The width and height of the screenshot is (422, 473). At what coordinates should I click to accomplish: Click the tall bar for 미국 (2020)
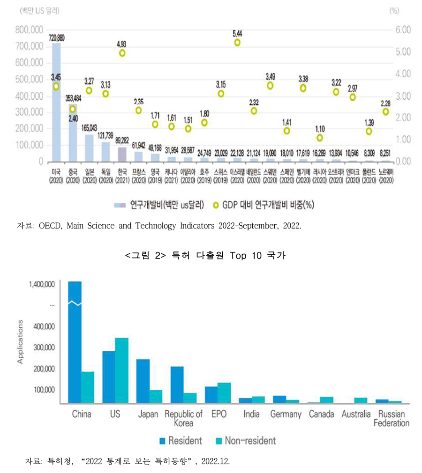click(x=56, y=103)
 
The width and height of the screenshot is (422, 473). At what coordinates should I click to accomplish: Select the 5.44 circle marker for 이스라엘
click(x=237, y=43)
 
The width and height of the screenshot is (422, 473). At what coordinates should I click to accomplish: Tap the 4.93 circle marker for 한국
click(x=122, y=53)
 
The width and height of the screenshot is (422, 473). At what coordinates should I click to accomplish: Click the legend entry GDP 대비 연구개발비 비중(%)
click(x=263, y=205)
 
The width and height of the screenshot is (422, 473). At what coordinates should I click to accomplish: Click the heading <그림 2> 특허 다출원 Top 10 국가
click(x=211, y=256)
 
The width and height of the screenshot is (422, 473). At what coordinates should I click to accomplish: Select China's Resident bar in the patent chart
click(x=75, y=342)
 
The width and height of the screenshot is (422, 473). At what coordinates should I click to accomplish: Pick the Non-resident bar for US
click(x=121, y=370)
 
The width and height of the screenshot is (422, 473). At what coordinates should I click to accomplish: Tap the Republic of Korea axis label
click(x=184, y=418)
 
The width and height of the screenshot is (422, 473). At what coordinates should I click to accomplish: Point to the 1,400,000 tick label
click(x=42, y=284)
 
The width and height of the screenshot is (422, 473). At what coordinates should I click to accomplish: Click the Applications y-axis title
click(x=20, y=342)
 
